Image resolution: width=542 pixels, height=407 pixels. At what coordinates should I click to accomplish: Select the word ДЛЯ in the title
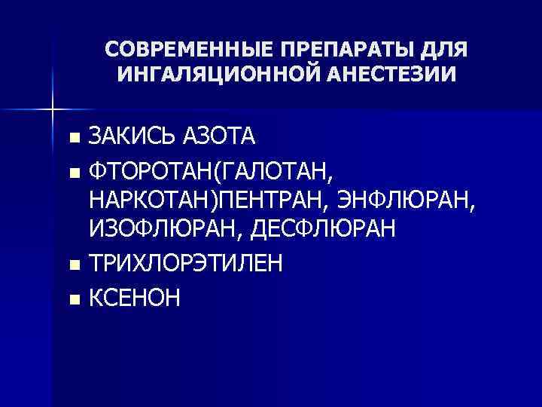443,50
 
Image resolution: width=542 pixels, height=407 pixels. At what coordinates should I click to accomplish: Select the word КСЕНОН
135,298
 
